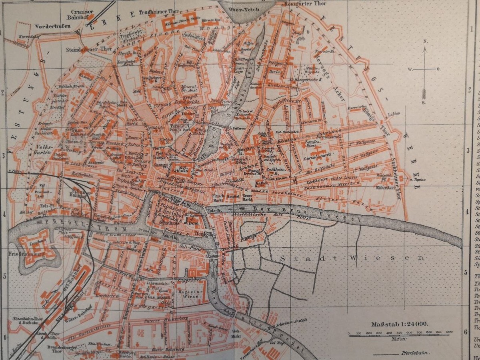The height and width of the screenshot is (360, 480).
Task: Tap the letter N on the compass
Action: [426, 41]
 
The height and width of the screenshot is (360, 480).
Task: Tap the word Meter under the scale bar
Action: [399, 339]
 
